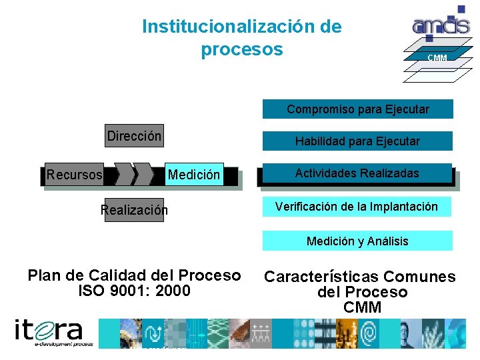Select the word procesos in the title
point(241,50)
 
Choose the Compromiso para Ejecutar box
point(358,109)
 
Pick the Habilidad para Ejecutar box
point(358,141)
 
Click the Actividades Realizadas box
point(357,173)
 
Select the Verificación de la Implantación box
point(357,207)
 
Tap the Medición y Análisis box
point(357,241)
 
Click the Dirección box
point(134,136)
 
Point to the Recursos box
point(75,175)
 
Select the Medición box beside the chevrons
point(194,175)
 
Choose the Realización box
point(134,210)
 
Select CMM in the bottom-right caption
point(362,307)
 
